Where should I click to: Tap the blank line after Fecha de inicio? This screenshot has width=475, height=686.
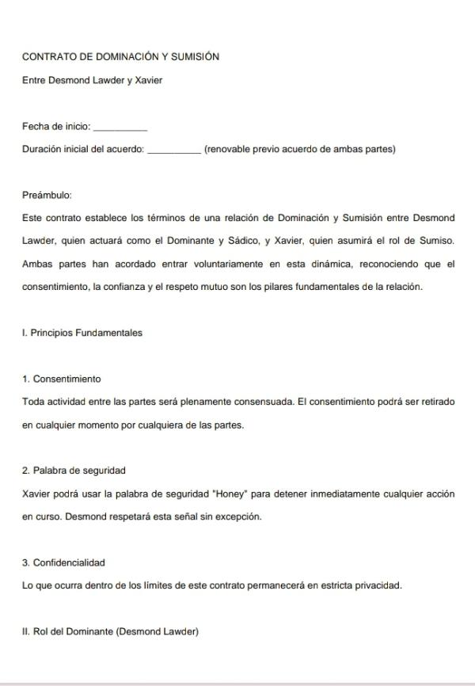pos(120,127)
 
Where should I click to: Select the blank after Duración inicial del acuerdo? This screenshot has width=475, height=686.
pos(173,150)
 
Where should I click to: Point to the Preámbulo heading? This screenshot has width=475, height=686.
pos(47,195)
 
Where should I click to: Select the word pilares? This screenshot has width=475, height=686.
pos(256,287)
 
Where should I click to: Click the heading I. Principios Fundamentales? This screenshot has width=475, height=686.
pos(82,333)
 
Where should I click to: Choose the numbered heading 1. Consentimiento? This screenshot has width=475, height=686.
pos(62,379)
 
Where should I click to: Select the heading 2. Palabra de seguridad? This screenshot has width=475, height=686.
pos(74,471)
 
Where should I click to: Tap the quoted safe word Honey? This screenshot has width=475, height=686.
pos(228,494)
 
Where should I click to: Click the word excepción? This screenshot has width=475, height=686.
pos(237,516)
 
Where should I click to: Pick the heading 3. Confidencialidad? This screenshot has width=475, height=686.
pos(63,562)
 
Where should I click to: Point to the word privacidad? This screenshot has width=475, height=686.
pos(375,585)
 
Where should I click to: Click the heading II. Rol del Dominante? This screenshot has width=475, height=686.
pos(110,631)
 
